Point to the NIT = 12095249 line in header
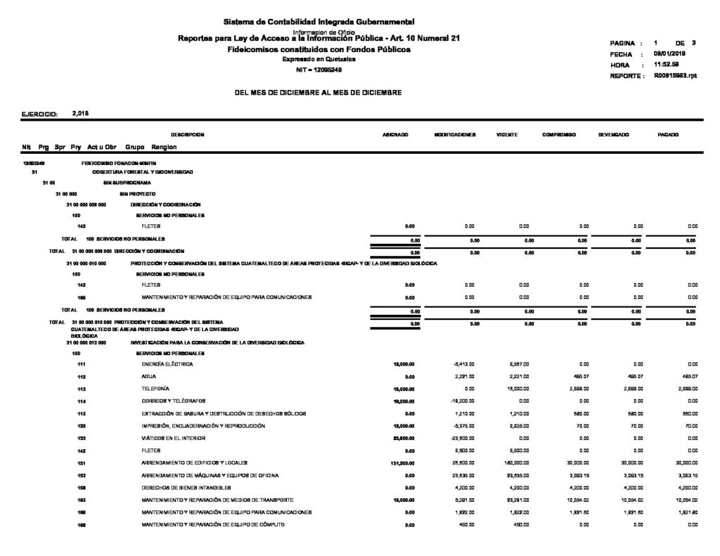tap(319, 70)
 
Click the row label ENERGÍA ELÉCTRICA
tap(167, 365)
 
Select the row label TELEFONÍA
tap(156, 389)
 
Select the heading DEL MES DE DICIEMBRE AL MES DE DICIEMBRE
tap(319, 92)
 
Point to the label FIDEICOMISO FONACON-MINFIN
tap(119, 162)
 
